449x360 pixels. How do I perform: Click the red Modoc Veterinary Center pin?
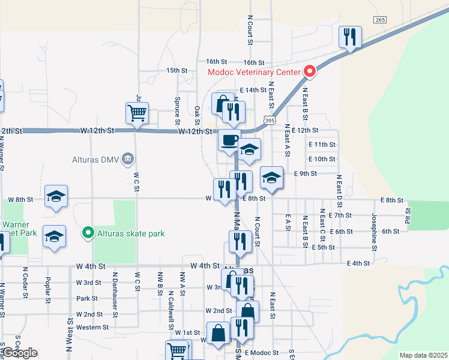click(310, 71)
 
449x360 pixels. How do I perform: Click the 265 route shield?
click(379, 20)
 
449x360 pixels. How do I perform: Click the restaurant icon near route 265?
click(349, 37)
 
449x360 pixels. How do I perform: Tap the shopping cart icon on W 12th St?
click(137, 113)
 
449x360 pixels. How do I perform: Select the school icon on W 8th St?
click(56, 196)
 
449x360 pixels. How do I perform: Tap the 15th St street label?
click(177, 70)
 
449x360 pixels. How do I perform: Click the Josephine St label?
click(374, 228)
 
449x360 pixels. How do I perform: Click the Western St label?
click(92, 328)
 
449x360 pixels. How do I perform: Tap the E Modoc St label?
click(262, 353)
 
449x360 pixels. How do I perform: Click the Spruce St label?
click(178, 107)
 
